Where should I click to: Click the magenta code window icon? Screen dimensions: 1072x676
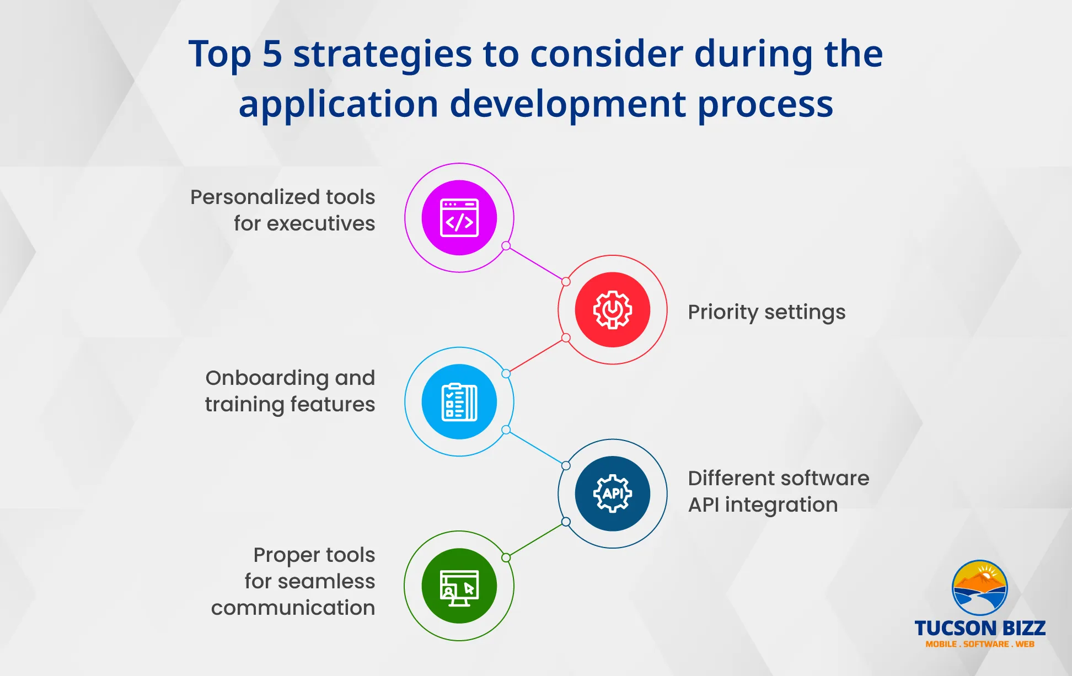(459, 218)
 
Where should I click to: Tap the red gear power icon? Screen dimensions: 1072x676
(613, 310)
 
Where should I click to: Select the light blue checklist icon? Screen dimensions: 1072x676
(459, 402)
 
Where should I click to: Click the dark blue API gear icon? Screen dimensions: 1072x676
(613, 493)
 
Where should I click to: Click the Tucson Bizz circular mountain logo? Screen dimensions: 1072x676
(980, 588)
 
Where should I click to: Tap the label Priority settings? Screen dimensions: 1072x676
(767, 313)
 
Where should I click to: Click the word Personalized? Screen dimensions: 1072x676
(255, 197)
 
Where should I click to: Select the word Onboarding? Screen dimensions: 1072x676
(267, 379)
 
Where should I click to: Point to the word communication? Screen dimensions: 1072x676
(293, 608)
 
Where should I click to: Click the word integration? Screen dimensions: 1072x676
(781, 505)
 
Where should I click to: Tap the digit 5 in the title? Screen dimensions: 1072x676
(272, 54)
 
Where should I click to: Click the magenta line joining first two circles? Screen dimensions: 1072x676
(536, 264)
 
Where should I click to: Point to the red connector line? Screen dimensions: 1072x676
(536, 356)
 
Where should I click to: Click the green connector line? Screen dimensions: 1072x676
(536, 540)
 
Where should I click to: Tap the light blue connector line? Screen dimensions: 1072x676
(536, 448)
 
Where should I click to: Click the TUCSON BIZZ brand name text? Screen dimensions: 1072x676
(980, 628)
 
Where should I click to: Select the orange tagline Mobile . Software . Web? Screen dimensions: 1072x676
(980, 644)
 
